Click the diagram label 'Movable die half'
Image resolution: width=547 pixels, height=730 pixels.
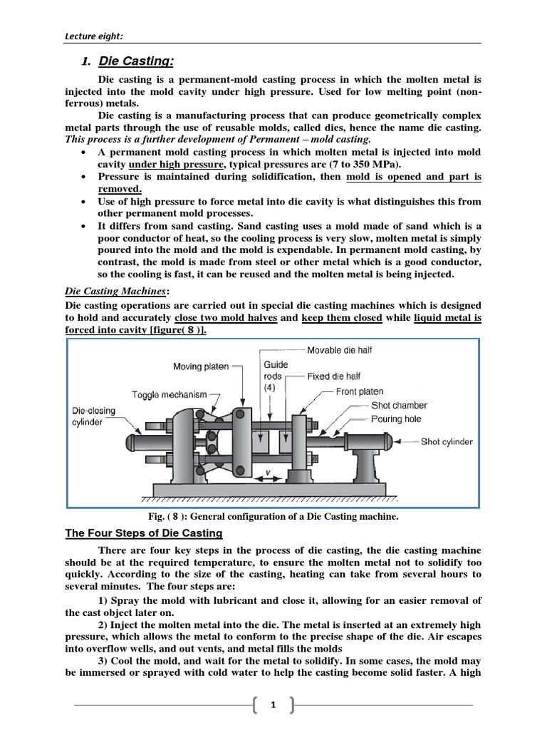coord(339,350)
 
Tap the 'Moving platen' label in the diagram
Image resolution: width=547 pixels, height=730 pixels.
coord(201,366)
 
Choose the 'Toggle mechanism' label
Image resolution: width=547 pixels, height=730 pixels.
coord(169,394)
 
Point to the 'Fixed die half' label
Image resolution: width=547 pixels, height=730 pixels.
coord(334,376)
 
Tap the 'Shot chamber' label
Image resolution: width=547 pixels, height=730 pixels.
coord(399,405)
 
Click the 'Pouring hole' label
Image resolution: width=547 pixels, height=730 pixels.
coord(397,419)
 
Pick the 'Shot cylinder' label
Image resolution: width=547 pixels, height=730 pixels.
coord(447,441)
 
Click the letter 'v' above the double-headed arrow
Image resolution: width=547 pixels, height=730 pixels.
coord(266,471)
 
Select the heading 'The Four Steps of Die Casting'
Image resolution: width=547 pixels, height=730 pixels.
coord(144,533)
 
